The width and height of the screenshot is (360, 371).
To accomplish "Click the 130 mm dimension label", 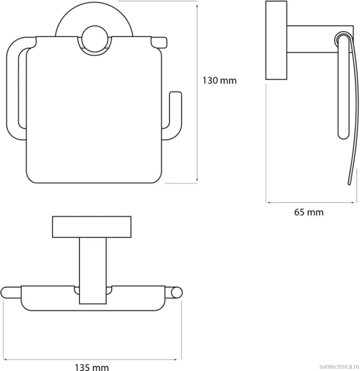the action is pyautogui.click(x=219, y=80).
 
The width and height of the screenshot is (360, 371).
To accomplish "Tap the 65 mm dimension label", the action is pyautogui.click(x=309, y=212).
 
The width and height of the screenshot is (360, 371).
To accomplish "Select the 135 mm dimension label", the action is pyautogui.click(x=92, y=367).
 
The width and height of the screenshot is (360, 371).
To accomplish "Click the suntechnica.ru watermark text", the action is pyautogui.click(x=339, y=367).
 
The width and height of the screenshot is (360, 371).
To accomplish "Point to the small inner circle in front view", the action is pyautogui.click(x=95, y=39).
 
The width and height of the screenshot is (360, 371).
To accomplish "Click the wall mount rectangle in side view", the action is pyautogui.click(x=276, y=40).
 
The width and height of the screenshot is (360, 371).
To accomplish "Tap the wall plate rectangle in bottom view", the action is pyautogui.click(x=92, y=227).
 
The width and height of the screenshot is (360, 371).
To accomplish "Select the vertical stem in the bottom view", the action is pyautogui.click(x=93, y=271).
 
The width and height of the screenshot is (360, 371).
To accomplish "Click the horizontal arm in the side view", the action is pyautogui.click(x=320, y=39).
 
